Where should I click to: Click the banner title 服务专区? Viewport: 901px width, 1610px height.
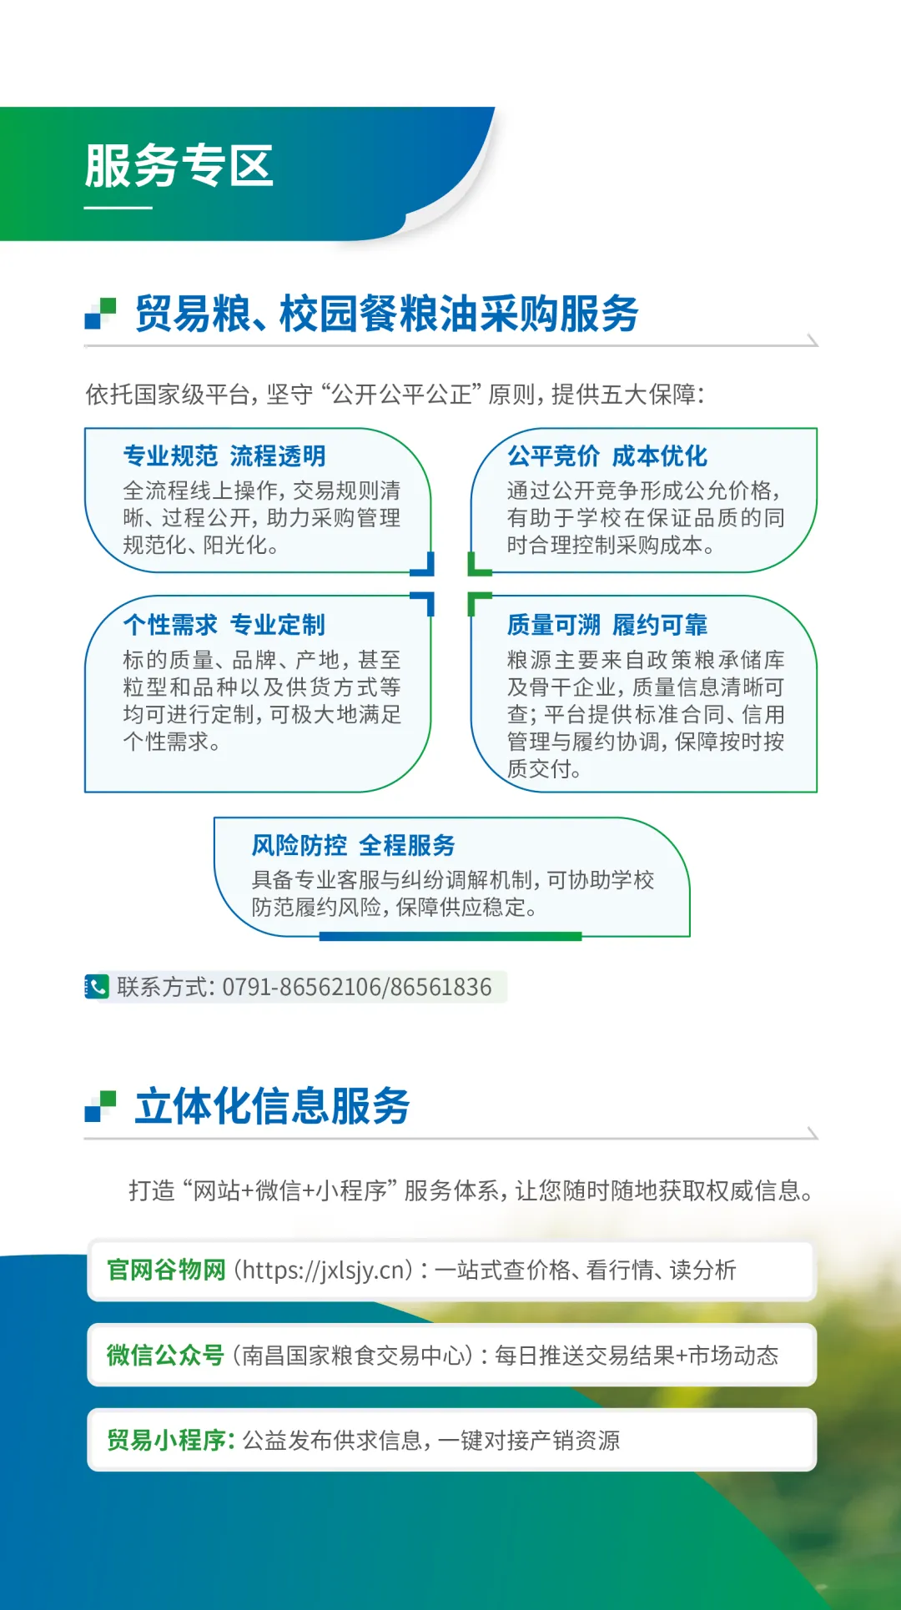pos(179,165)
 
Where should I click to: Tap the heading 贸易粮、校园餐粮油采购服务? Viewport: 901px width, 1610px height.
pos(387,314)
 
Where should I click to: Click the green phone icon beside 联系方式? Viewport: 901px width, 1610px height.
pos(97,987)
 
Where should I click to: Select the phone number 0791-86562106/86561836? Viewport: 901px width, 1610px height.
pos(357,988)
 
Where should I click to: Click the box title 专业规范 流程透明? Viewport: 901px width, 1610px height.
pos(224,456)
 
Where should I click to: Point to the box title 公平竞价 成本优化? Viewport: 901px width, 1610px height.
pos(607,456)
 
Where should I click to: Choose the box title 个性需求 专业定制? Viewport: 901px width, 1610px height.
pos(224,625)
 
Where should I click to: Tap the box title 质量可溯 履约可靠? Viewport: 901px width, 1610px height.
pos(607,625)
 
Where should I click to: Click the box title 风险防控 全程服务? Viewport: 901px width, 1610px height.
pos(354,845)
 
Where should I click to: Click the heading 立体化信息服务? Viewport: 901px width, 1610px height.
pos(272,1107)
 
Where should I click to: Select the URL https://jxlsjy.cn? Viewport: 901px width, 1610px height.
pos(324,1270)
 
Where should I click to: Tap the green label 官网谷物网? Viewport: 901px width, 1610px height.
pos(166,1270)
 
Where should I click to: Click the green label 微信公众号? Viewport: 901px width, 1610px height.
pos(165,1356)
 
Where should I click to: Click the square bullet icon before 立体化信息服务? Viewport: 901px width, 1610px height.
pos(100,1106)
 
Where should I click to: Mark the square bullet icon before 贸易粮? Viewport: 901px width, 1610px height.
pos(100,314)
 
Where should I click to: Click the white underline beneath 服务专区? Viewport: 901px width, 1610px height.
pos(118,208)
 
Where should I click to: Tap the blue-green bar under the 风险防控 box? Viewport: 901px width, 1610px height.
pos(450,937)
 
